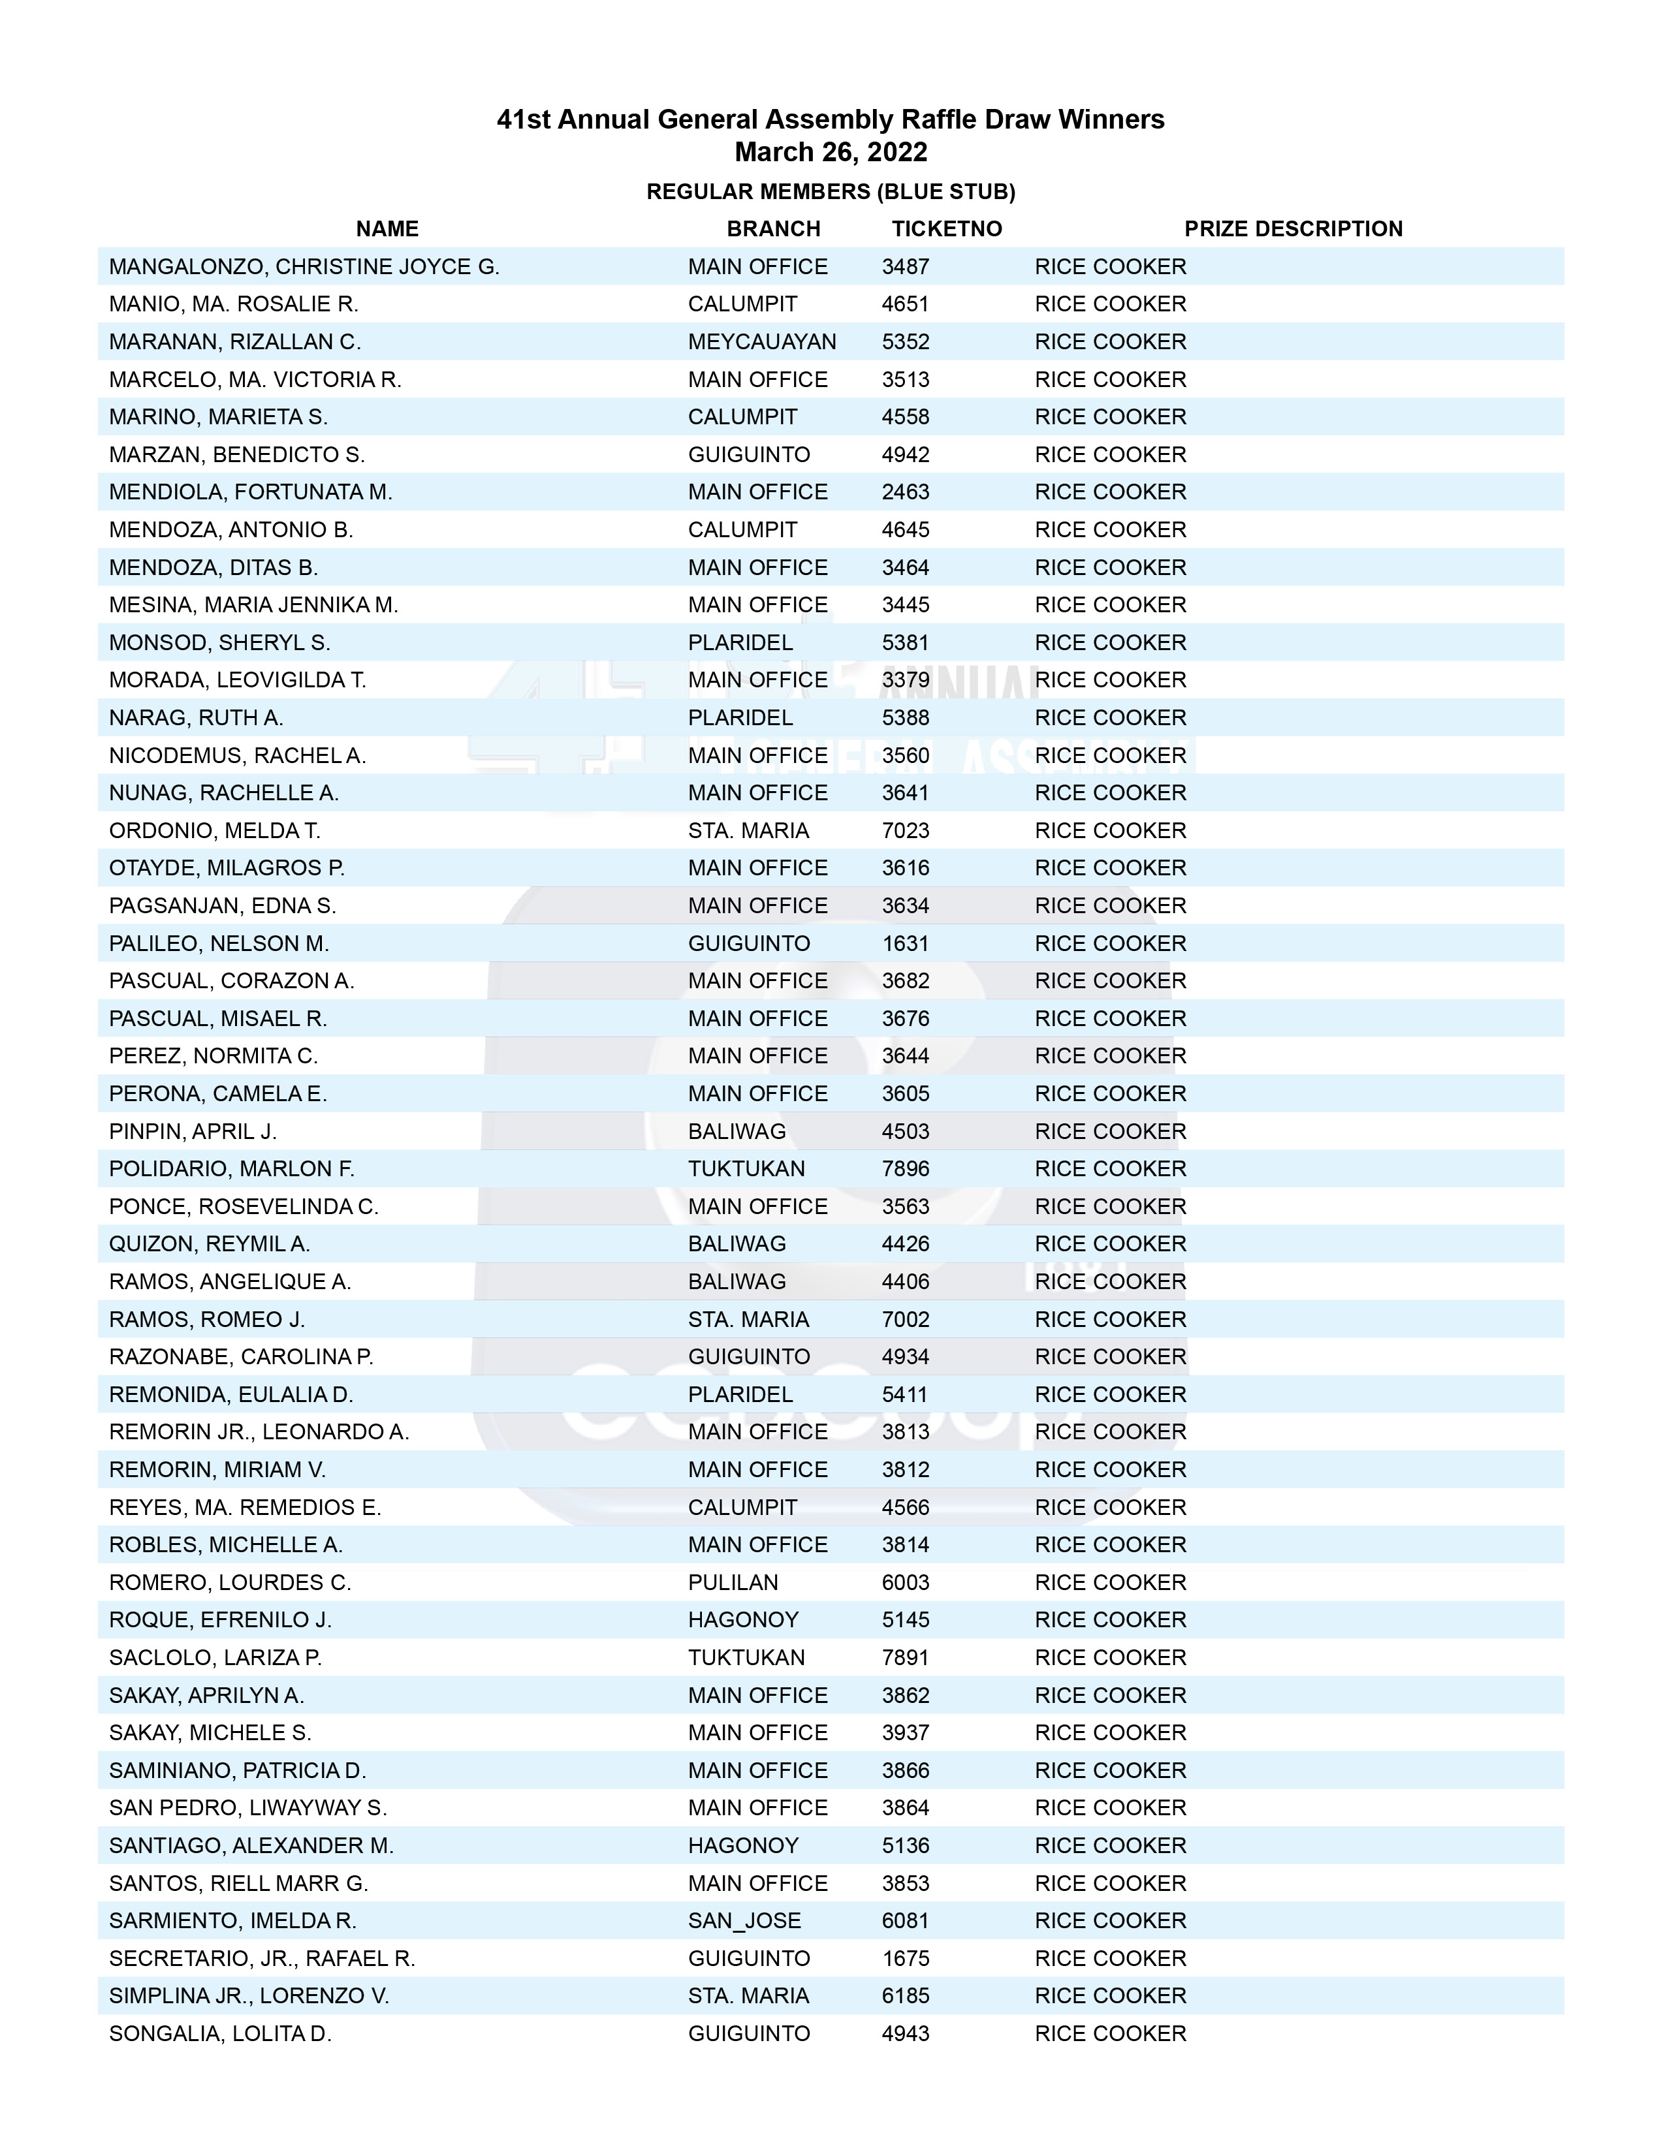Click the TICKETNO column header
946,229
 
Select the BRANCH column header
773,229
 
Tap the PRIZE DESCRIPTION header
1292,229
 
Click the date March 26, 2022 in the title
831,152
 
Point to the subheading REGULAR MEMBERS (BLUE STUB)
831,191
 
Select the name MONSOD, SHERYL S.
219,643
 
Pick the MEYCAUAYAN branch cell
761,342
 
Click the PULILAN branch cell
733,1583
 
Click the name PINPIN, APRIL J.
193,1131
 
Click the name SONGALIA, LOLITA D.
220,2034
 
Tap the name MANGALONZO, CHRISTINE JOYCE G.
304,267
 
